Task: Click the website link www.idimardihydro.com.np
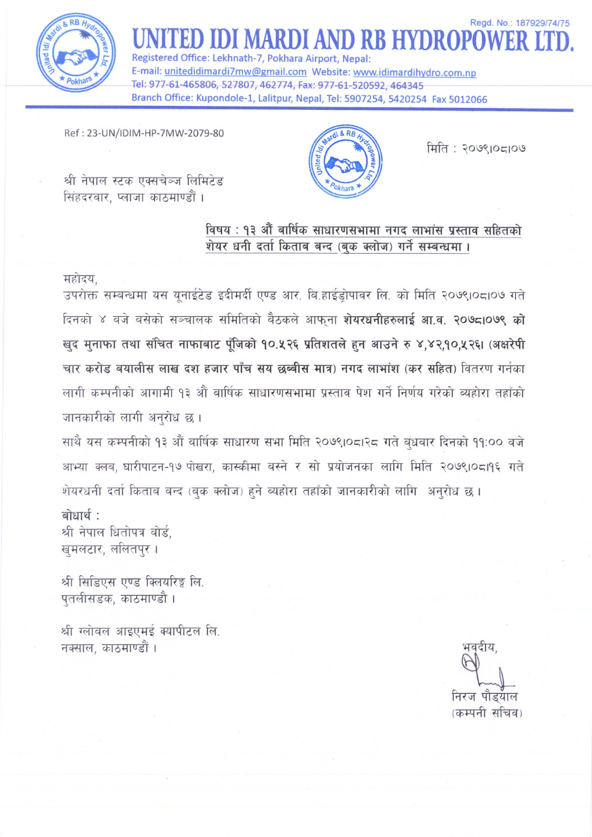(415, 73)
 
